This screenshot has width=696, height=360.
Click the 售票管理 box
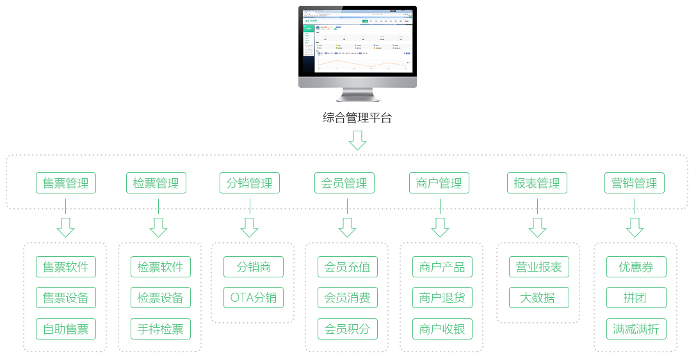point(66,183)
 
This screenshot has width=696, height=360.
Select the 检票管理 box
point(156,183)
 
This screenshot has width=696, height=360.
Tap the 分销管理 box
point(250,183)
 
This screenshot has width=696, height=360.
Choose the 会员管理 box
point(344,183)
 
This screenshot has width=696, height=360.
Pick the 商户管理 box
point(439,183)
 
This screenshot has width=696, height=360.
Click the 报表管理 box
point(537,183)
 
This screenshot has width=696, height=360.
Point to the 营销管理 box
point(635,183)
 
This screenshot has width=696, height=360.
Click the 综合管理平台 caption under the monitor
point(357,118)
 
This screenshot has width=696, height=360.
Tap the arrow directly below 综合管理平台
point(357,140)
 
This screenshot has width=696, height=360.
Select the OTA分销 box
point(253,298)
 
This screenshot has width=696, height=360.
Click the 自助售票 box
point(66,329)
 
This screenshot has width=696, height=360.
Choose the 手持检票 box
point(160,329)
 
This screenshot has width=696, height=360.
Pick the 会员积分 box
point(348,329)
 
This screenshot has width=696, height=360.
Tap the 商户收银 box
point(442,329)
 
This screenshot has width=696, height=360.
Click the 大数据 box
point(537,298)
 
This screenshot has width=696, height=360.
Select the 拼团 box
point(636,298)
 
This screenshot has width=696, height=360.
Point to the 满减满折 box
point(636,329)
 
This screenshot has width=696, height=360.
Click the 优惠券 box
point(636,267)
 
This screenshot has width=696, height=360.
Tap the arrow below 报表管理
point(537,227)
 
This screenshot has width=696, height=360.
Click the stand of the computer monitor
point(357,95)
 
